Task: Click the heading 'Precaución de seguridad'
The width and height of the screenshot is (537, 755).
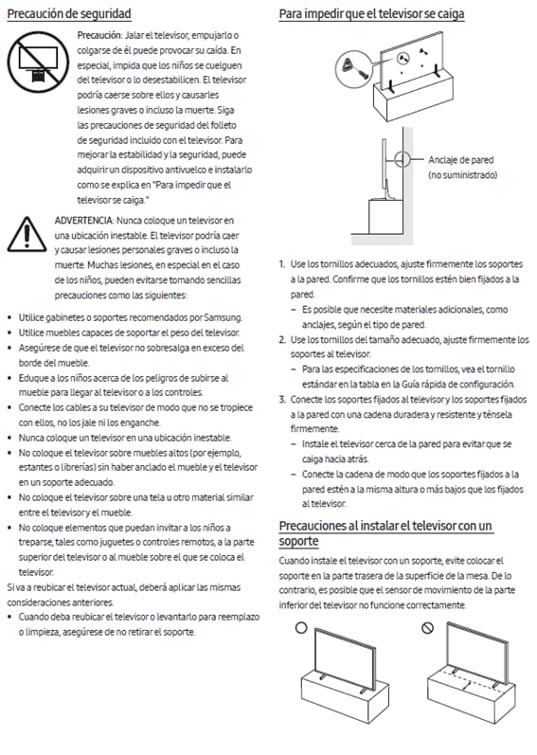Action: [x=69, y=13]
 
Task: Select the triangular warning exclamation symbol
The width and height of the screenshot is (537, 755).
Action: [x=27, y=235]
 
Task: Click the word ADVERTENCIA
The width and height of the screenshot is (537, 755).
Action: [x=83, y=221]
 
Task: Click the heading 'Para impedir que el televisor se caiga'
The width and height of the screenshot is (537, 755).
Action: [x=371, y=13]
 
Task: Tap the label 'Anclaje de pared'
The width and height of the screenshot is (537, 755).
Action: [x=461, y=160]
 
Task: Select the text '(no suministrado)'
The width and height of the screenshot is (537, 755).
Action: [x=463, y=175]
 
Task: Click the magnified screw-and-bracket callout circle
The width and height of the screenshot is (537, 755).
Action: [x=353, y=69]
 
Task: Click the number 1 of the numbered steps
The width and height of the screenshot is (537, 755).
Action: [x=281, y=264]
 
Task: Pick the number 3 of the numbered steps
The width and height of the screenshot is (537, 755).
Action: [x=282, y=400]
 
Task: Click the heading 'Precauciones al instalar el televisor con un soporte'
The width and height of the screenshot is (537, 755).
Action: [x=385, y=533]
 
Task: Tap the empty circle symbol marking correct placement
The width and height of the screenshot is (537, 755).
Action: [x=301, y=627]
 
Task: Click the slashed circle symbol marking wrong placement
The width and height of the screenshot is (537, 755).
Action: [x=427, y=627]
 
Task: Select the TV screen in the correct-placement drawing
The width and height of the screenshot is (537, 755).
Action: [x=345, y=658]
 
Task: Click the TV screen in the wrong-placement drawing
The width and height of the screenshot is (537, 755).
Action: [x=476, y=652]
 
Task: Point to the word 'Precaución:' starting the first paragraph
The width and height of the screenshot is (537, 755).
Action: [x=99, y=35]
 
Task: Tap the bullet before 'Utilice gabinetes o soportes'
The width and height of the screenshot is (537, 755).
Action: [x=10, y=317]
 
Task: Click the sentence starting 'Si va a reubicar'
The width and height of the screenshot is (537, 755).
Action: [x=124, y=595]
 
